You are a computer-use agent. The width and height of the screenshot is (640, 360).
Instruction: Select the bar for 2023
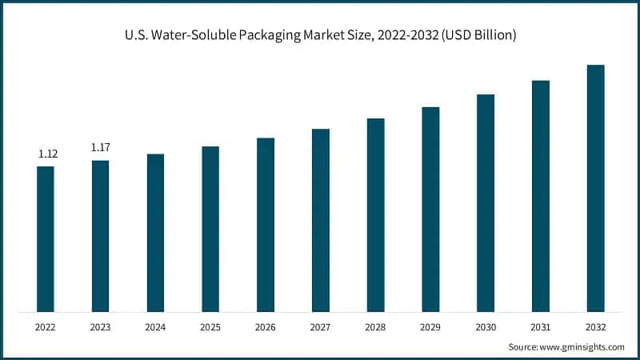100,236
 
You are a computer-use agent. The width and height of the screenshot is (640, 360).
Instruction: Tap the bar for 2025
210,229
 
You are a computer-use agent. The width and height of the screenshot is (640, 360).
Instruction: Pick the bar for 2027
321,220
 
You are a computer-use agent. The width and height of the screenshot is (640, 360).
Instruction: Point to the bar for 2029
430,209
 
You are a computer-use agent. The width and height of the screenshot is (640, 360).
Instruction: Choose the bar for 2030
486,202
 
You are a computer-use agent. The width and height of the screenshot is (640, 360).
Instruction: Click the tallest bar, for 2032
595,188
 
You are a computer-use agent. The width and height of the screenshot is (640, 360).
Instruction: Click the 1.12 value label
48,154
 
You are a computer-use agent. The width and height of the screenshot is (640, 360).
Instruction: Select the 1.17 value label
100,147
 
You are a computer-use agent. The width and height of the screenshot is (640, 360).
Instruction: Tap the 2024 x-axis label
155,327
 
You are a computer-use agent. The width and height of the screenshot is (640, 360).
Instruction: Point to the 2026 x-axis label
266,327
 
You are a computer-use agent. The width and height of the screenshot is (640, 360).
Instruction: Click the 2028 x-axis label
375,327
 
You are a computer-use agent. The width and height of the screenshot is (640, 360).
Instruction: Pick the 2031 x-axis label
541,327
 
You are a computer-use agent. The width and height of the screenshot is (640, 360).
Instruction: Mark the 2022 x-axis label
46,327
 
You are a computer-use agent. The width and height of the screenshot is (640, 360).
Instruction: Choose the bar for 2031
541,195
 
